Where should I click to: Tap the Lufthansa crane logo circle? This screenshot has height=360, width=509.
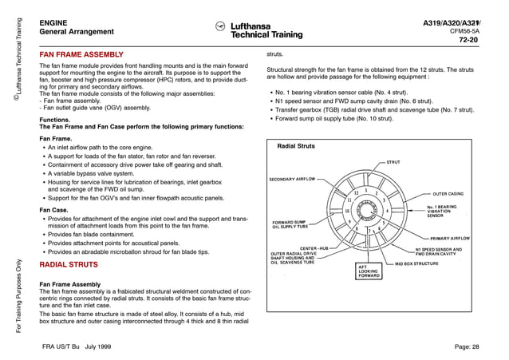pyautogui.click(x=221, y=28)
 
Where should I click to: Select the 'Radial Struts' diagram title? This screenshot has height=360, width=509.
pyautogui.click(x=296, y=147)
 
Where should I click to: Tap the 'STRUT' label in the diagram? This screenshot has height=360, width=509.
pyautogui.click(x=393, y=162)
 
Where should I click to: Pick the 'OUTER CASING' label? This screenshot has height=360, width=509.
pyautogui.click(x=448, y=194)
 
